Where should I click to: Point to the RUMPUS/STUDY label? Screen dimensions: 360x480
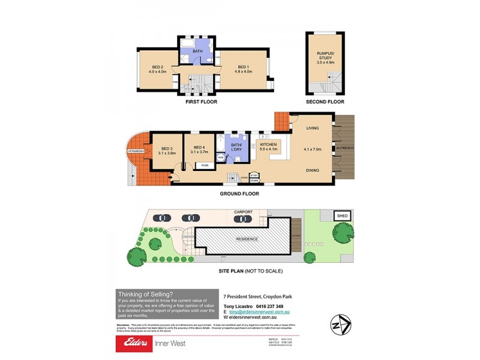coord(325,58)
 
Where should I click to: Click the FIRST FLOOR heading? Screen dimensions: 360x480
coord(201,102)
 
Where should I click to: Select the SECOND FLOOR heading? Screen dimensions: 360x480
coord(325,102)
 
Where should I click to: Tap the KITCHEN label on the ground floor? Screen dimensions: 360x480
coord(268,145)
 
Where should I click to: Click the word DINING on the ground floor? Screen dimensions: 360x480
coord(312,170)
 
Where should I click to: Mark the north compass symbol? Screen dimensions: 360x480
coord(338,325)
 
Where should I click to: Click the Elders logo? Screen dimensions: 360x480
coord(137,343)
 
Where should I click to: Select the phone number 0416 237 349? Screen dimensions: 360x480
coord(266,307)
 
